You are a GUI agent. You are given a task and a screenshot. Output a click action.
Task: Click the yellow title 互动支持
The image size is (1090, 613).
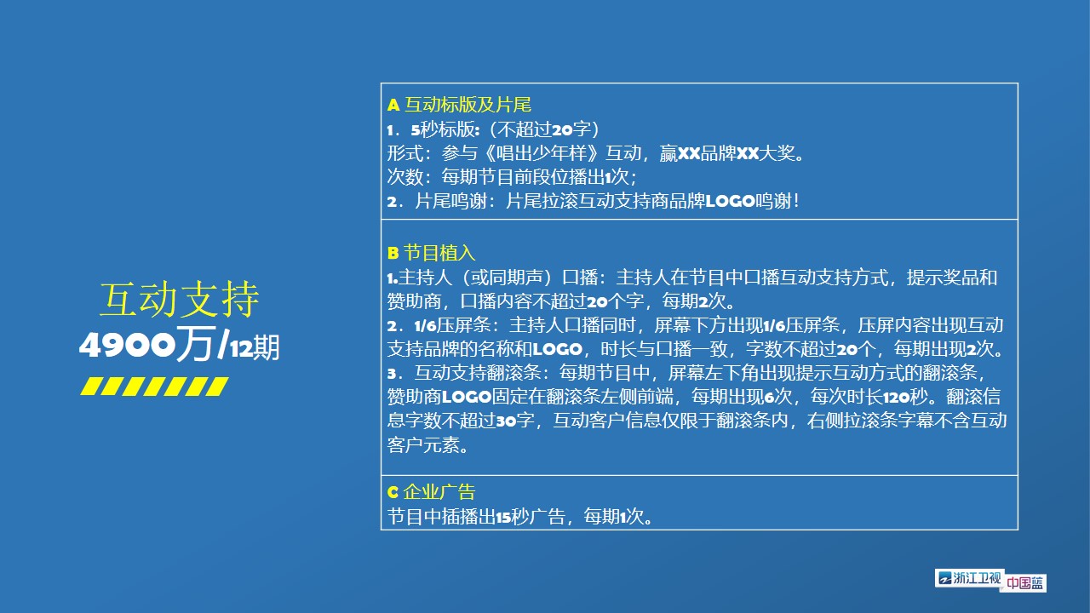tap(179, 299)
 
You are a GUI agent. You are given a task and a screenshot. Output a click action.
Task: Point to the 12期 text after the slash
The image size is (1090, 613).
tap(255, 348)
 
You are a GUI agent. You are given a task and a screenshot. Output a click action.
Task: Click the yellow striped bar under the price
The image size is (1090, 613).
tap(154, 387)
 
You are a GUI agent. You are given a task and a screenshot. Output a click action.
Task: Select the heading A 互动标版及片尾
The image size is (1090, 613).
tap(459, 105)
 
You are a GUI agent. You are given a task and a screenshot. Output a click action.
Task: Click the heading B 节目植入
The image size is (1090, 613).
tap(431, 253)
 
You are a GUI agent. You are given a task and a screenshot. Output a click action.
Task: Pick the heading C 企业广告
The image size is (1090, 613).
tap(431, 492)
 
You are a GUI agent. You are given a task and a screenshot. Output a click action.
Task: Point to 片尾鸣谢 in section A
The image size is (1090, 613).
tap(451, 201)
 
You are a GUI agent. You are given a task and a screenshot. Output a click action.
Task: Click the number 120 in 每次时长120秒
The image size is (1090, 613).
tap(896, 398)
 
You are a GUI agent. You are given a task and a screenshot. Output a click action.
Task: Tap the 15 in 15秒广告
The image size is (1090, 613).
tap(503, 517)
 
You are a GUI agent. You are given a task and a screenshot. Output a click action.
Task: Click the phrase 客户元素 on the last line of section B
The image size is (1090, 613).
tap(423, 444)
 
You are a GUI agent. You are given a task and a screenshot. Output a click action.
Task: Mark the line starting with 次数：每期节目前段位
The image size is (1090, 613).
tap(512, 176)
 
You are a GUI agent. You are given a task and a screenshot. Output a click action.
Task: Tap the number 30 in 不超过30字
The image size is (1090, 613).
tap(506, 421)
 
